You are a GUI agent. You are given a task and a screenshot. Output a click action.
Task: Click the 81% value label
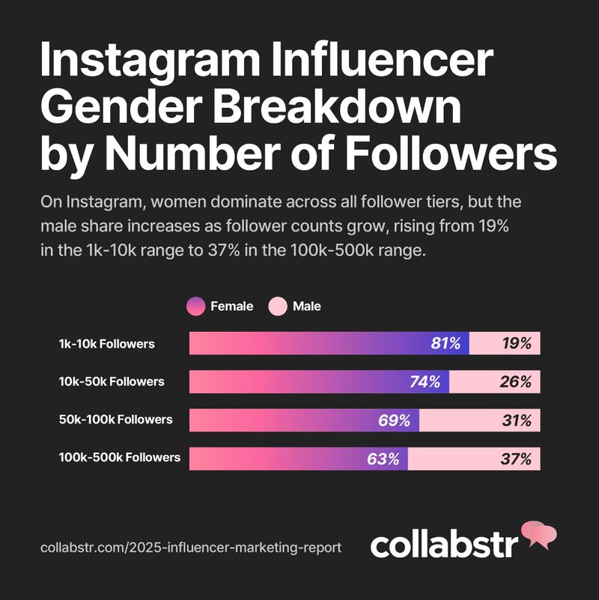click(x=446, y=343)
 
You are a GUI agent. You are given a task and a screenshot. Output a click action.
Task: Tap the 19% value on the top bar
click(x=517, y=343)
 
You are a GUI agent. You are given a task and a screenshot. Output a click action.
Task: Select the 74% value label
click(x=425, y=381)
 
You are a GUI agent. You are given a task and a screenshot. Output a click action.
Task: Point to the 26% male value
click(x=516, y=381)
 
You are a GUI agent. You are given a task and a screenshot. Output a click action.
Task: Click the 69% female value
click(x=394, y=420)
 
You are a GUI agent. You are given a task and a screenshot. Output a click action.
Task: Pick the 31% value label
click(x=517, y=420)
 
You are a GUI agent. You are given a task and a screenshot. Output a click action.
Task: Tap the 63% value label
click(x=383, y=458)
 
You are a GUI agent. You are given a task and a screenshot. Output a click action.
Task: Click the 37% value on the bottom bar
click(x=516, y=458)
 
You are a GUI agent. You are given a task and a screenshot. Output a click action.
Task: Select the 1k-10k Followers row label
click(x=107, y=344)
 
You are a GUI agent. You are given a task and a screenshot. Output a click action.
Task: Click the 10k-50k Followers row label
click(x=112, y=381)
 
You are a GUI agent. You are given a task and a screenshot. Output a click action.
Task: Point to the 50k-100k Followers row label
click(x=115, y=419)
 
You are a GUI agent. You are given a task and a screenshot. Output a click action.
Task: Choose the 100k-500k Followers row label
click(x=120, y=457)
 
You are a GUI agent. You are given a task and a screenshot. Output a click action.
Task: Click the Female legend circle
click(x=196, y=306)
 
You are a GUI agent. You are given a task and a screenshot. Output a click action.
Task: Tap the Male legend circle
click(x=278, y=306)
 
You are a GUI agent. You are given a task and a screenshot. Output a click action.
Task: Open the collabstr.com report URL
click(x=191, y=548)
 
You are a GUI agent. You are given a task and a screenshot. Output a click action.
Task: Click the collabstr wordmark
click(x=444, y=543)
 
